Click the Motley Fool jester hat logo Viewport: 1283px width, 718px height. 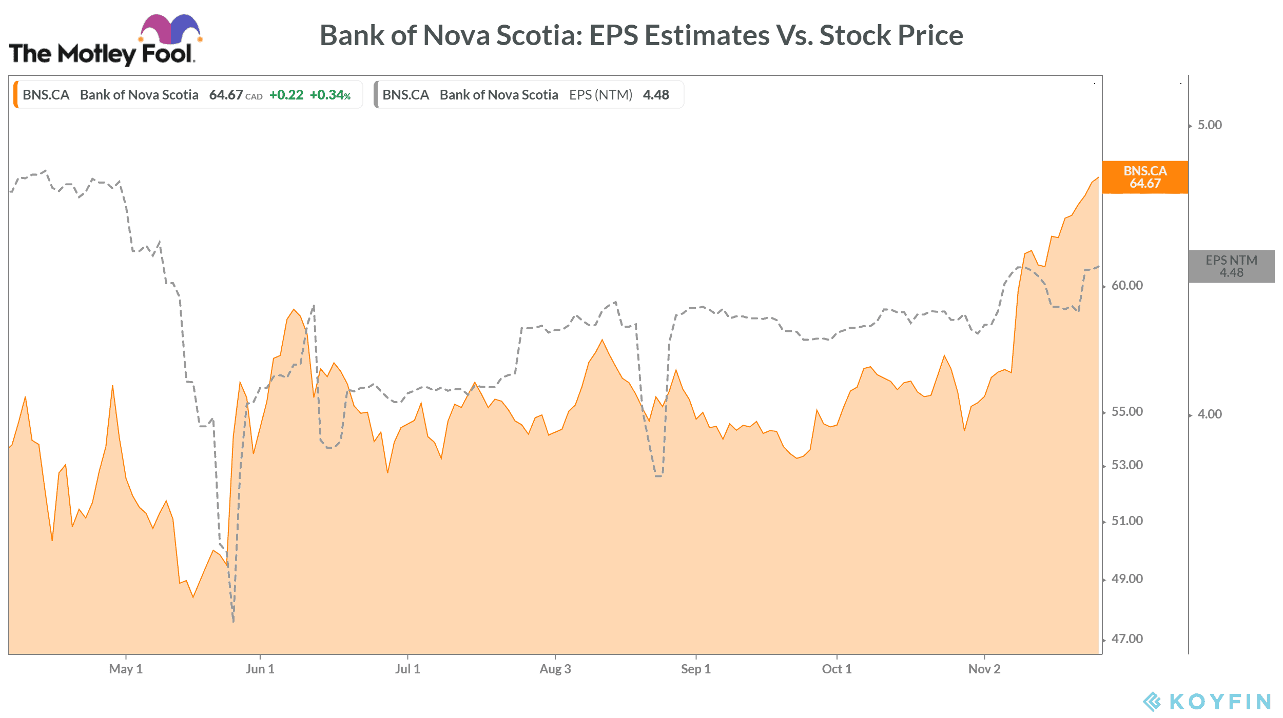170,30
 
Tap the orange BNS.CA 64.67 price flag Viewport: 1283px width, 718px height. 1144,177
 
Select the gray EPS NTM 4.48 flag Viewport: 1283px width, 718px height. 1231,267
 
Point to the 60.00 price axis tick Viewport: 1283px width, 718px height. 1127,286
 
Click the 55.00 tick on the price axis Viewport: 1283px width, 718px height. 1127,412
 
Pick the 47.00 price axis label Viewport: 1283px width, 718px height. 1127,639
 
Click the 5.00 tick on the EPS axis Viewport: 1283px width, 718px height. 1210,125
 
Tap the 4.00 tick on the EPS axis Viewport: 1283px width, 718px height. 1210,414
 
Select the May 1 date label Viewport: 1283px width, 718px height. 126,669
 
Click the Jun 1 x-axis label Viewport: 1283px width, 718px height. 260,669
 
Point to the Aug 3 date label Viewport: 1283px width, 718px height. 555,669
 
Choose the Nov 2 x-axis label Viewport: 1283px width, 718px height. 984,669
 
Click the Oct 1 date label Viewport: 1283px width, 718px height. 837,669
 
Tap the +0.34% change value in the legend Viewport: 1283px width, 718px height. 330,95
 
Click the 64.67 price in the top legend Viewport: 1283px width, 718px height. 226,95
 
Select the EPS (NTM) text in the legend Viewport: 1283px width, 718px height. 600,95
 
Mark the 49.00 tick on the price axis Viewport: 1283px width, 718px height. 1127,579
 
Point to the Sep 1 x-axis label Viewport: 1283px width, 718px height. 696,669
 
